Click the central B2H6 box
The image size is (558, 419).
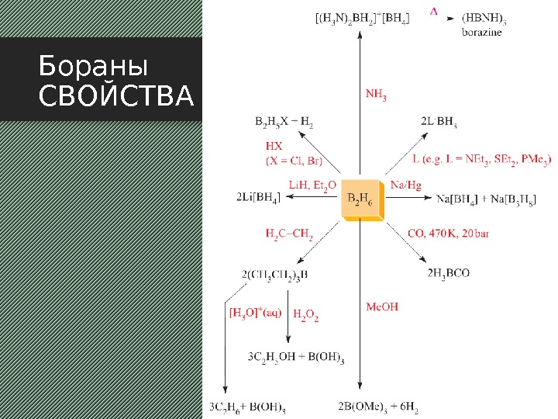click(x=361, y=201)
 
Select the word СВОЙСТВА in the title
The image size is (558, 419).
click(x=115, y=97)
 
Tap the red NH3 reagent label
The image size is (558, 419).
click(x=376, y=95)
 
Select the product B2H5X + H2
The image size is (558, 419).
click(x=284, y=122)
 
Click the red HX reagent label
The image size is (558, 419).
click(x=274, y=146)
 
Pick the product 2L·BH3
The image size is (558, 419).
click(x=439, y=122)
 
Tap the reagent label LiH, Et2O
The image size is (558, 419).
click(x=312, y=185)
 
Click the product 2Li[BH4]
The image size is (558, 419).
click(x=260, y=199)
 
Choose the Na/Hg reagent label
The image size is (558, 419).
click(x=406, y=185)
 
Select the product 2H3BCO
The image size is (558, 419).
click(x=449, y=273)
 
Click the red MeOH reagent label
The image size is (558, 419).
click(x=381, y=307)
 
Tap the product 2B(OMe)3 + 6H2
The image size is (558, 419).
click(x=378, y=406)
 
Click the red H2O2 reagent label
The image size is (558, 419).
click(x=306, y=314)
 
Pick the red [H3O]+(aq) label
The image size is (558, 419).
click(x=255, y=313)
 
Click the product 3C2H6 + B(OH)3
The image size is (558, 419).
click(x=247, y=406)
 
